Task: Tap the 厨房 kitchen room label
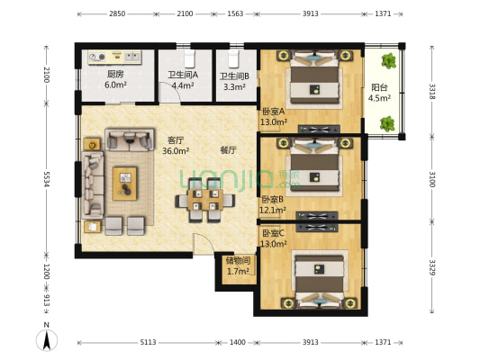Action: coord(115,74)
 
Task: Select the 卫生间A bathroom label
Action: coord(183,75)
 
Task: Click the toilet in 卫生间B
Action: coord(234,58)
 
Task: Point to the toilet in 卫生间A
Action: coord(189,58)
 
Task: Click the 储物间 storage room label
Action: coord(238,261)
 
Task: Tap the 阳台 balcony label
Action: coord(379,87)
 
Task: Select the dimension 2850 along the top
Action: coord(117,13)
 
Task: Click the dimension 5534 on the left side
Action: coord(47,179)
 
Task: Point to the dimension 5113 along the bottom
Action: coord(149,342)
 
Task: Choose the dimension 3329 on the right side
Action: coord(432,267)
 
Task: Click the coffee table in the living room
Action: coord(124,184)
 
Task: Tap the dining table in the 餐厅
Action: coord(205,200)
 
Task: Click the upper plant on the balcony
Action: coord(388,61)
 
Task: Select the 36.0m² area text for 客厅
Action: coord(176,151)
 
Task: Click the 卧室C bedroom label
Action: coord(274,233)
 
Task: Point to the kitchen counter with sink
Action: coord(114,58)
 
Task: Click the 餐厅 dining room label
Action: coord(229,150)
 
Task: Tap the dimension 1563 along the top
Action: coord(235,13)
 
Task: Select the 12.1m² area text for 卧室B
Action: coord(273,210)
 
